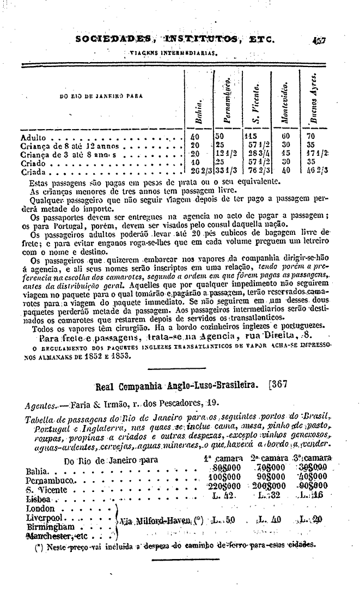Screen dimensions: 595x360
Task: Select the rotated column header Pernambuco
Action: [x=229, y=99]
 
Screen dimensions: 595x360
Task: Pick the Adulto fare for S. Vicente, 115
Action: [x=251, y=137]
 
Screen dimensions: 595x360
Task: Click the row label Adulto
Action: [x=33, y=138]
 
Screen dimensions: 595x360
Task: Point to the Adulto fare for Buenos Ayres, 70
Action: [x=311, y=137]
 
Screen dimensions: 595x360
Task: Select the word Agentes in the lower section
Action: [x=42, y=405]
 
